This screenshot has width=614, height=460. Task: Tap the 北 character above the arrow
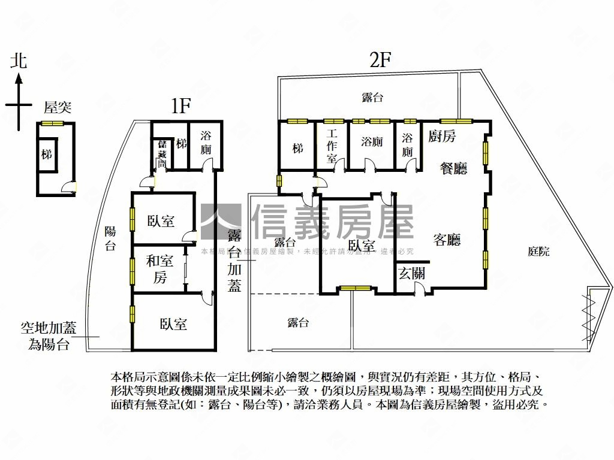coord(19,60)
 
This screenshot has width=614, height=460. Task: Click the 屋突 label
coord(58,108)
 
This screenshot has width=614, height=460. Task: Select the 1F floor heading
coord(180,107)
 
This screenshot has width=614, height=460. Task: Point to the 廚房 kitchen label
coord(442,136)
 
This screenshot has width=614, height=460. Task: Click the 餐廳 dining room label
coord(453,169)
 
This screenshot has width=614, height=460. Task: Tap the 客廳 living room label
coord(447,240)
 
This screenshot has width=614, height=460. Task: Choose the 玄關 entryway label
coord(411,274)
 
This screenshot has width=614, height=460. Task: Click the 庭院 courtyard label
coord(538,252)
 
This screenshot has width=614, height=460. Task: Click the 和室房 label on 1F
coord(159,270)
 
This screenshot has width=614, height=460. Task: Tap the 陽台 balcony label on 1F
coord(110,238)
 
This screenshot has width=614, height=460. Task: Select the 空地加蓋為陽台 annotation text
coord(49,336)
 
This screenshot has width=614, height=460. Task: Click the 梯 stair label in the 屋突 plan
coord(47,155)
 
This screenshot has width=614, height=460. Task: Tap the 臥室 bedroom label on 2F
coord(362,246)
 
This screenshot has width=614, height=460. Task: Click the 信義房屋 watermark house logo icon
coord(221,222)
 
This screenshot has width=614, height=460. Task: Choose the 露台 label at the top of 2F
coord(372,97)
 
